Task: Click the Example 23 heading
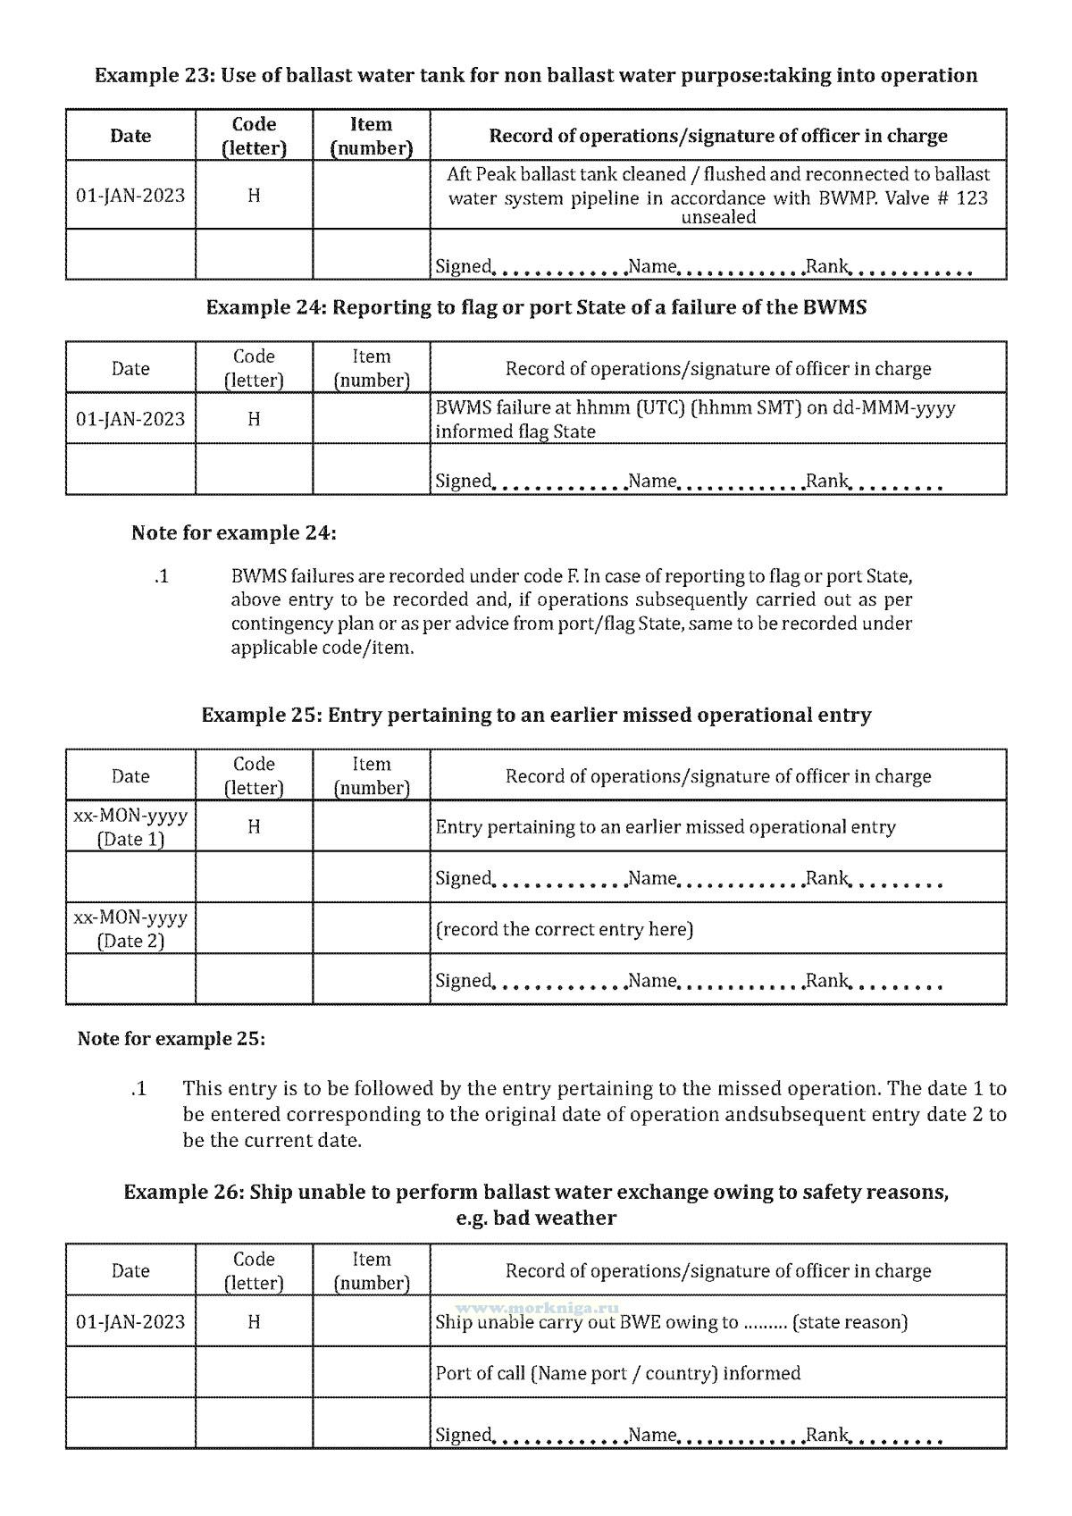pos(536,75)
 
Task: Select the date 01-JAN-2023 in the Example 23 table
pos(130,195)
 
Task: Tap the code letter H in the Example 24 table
pos(254,419)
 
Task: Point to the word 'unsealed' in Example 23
pos(718,217)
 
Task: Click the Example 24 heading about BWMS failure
pos(536,307)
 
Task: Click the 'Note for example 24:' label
pos(234,533)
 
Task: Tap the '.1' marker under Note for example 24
pos(161,576)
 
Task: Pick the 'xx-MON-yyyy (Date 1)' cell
pos(130,826)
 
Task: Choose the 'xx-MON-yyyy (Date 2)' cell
pos(130,928)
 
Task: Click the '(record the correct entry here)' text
pos(565,929)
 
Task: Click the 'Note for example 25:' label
pos(172,1039)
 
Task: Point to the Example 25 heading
pos(536,716)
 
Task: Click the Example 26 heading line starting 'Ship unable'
pos(536,1193)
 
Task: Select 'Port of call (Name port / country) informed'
pos(617,1373)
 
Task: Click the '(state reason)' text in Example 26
pos(850,1322)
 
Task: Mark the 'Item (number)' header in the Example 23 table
pos(371,136)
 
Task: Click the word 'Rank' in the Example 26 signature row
pos(826,1435)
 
